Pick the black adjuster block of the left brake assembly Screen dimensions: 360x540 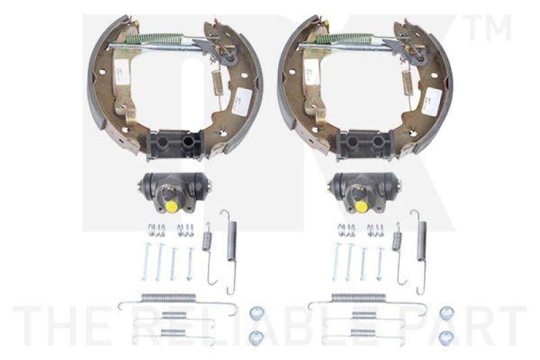click(175, 144)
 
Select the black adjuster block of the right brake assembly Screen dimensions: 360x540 click(365, 144)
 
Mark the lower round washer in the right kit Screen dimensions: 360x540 click(446, 336)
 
